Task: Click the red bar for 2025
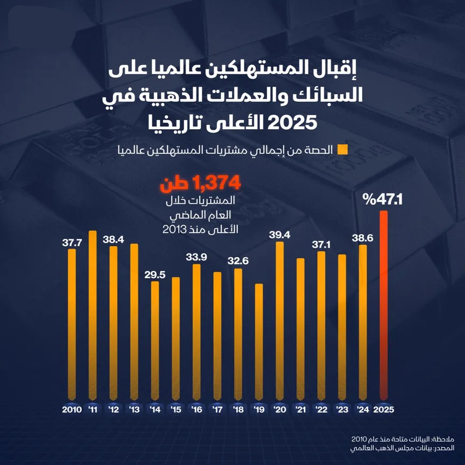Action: (x=383, y=307)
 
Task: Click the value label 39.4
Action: (x=279, y=235)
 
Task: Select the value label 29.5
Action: (x=155, y=274)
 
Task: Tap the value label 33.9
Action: (x=196, y=257)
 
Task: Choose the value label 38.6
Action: (x=362, y=237)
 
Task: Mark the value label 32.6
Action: (x=238, y=261)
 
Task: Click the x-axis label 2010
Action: (x=72, y=410)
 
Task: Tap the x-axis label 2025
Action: (x=383, y=410)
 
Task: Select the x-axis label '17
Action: (x=217, y=410)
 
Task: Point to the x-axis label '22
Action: (x=321, y=410)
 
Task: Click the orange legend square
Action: (x=341, y=150)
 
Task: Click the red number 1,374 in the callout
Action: (x=217, y=185)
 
